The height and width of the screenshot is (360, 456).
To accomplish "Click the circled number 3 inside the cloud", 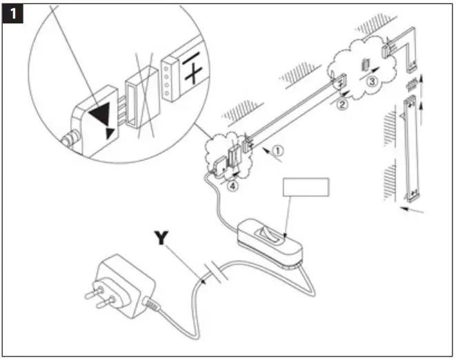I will (x=371, y=81).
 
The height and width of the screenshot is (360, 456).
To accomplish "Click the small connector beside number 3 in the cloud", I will (x=365, y=67).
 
